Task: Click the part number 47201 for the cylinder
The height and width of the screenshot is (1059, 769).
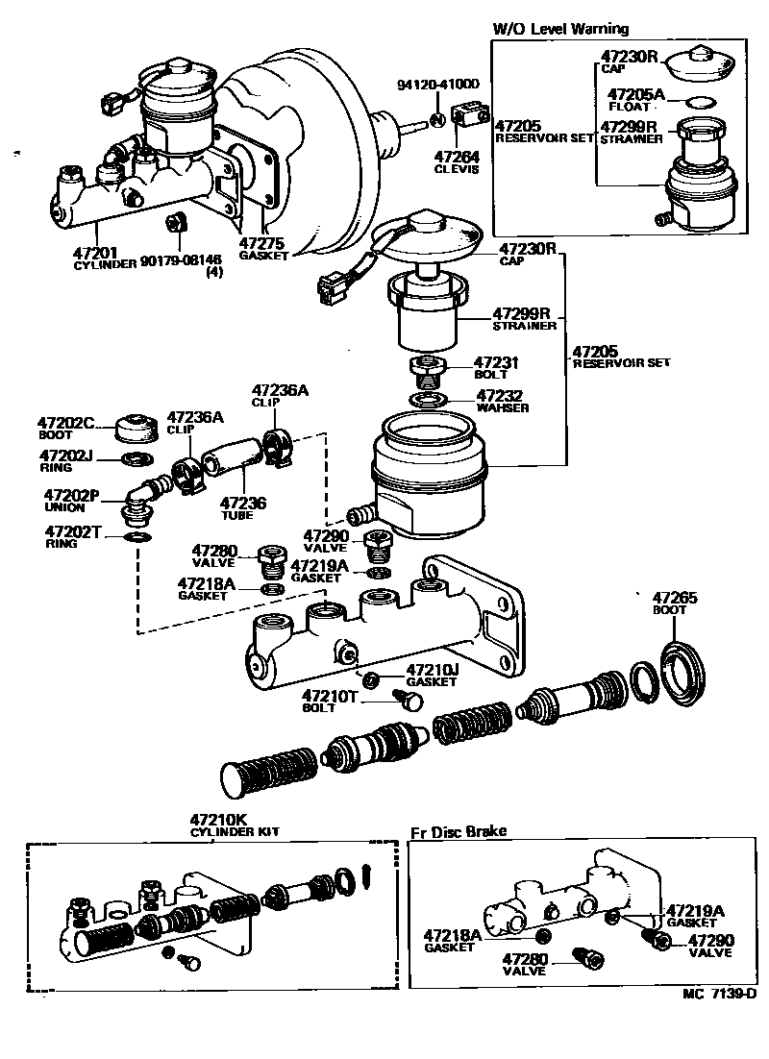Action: coord(96,253)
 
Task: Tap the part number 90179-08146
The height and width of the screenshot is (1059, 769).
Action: coord(181,259)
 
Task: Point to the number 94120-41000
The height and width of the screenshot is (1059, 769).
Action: coord(437,85)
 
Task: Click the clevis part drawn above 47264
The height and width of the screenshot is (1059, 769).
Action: coord(466,119)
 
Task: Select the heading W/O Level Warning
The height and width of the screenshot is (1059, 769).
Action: coord(560,29)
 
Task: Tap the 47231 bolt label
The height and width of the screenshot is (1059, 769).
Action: coord(496,363)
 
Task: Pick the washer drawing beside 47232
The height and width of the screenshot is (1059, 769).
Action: coord(426,398)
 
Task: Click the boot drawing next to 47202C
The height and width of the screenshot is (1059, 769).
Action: coord(135,425)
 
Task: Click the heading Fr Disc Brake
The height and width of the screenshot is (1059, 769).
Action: coord(459,831)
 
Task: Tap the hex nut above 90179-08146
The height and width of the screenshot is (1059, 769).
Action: coord(176,223)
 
